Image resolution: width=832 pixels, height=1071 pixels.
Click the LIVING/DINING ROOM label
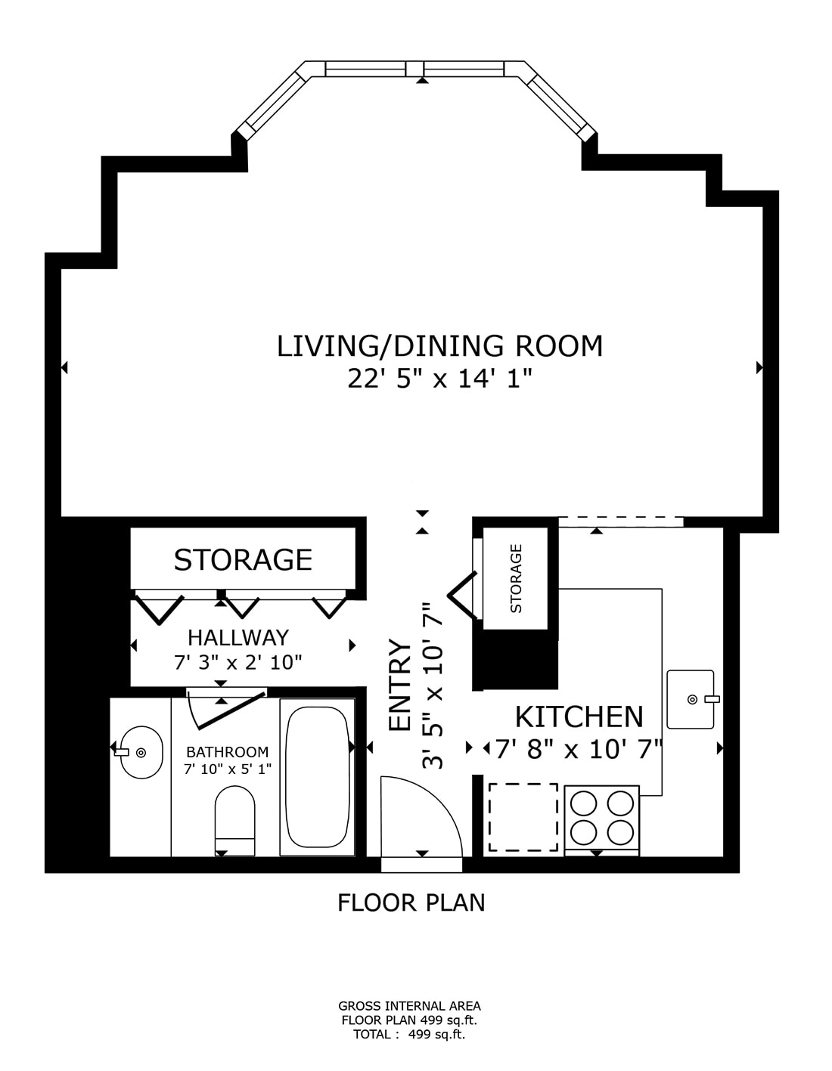pyautogui.click(x=439, y=346)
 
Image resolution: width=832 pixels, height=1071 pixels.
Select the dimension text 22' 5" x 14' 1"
pyautogui.click(x=439, y=379)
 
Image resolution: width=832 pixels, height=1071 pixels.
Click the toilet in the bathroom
pyautogui.click(x=234, y=821)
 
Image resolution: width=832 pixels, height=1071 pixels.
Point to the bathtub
pyautogui.click(x=317, y=776)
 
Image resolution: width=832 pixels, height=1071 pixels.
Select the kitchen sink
pyautogui.click(x=690, y=699)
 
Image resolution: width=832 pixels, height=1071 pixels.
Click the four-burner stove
pyautogui.click(x=601, y=817)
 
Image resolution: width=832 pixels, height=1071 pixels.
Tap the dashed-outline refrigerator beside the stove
pyautogui.click(x=523, y=817)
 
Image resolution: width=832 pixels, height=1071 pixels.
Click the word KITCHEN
pyautogui.click(x=579, y=717)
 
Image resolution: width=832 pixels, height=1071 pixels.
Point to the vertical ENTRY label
pyautogui.click(x=399, y=686)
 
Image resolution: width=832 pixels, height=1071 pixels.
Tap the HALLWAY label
pyautogui.click(x=238, y=637)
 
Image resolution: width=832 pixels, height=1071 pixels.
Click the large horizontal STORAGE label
pyautogui.click(x=243, y=560)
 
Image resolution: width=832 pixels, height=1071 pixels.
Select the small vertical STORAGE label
pyautogui.click(x=517, y=578)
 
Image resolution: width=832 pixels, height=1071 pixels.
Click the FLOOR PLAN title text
pyautogui.click(x=411, y=902)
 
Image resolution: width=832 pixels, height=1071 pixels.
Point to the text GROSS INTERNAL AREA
pyautogui.click(x=409, y=1006)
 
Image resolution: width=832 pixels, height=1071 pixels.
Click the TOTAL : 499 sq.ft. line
pyautogui.click(x=409, y=1035)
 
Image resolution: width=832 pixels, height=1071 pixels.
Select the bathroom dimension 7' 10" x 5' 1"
pyautogui.click(x=227, y=769)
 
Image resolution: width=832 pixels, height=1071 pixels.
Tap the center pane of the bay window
pyautogui.click(x=414, y=69)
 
